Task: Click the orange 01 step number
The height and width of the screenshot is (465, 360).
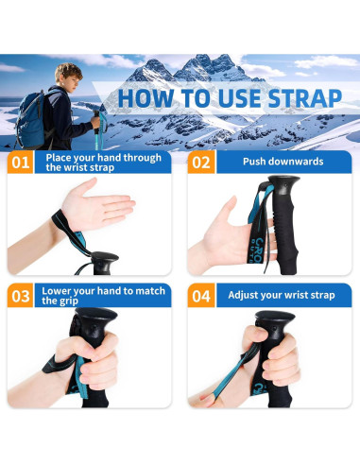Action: pos(20,163)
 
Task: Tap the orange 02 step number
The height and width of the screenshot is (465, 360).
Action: pos(201,163)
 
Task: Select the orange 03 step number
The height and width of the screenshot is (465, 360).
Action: pos(20,296)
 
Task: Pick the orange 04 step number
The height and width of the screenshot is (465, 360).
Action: pos(201,296)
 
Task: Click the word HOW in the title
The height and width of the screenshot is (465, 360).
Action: pos(146,98)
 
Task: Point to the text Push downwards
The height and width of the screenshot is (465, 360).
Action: pos(283,162)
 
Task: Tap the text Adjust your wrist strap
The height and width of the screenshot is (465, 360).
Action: pos(282,295)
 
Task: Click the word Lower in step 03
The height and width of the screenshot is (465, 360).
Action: pos(55,291)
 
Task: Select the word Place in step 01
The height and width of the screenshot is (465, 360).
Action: pos(59,158)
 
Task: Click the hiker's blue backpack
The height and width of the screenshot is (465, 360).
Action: pos(31,120)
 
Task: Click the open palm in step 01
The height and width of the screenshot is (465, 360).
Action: pos(97,204)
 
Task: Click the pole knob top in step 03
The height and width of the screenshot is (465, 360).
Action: pos(96,315)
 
